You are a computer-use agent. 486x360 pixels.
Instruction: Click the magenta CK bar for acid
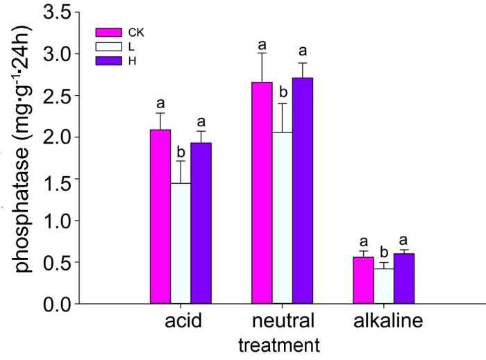[x=160, y=217]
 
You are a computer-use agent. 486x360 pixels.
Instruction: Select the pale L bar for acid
[x=181, y=243]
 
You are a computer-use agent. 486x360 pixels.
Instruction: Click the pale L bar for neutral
[x=282, y=218]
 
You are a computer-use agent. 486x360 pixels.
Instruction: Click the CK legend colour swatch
[x=108, y=32]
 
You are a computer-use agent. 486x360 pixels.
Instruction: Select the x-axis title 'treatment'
[x=278, y=345]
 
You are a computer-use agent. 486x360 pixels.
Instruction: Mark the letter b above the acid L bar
[x=181, y=152]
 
